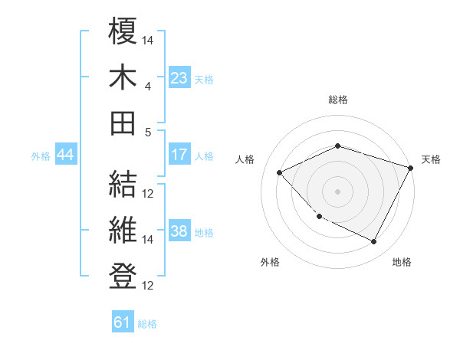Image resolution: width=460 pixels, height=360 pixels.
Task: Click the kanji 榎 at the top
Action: [123, 31]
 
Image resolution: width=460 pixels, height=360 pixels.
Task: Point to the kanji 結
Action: [123, 184]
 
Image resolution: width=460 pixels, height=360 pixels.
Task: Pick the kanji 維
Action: [123, 230]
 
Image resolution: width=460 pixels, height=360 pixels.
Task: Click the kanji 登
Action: [123, 276]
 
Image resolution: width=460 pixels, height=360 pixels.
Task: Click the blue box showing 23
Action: [179, 77]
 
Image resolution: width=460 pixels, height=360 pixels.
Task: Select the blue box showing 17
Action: [179, 155]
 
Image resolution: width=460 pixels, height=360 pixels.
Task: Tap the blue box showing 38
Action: [179, 231]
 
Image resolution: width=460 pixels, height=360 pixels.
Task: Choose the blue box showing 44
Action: [65, 155]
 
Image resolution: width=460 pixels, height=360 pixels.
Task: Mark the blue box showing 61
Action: [123, 322]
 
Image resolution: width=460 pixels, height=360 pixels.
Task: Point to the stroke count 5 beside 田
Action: [148, 132]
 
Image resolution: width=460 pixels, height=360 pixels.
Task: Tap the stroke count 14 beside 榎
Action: [148, 40]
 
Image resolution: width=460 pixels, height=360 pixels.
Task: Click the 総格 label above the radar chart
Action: [337, 100]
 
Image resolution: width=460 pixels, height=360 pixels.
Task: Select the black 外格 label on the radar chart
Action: [270, 263]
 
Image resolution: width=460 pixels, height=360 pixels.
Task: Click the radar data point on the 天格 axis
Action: [412, 168]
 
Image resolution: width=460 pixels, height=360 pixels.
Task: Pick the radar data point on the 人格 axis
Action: [280, 172]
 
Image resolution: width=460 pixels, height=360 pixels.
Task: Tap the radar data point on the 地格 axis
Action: [373, 242]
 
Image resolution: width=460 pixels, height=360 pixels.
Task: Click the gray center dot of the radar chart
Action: [337, 191]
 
